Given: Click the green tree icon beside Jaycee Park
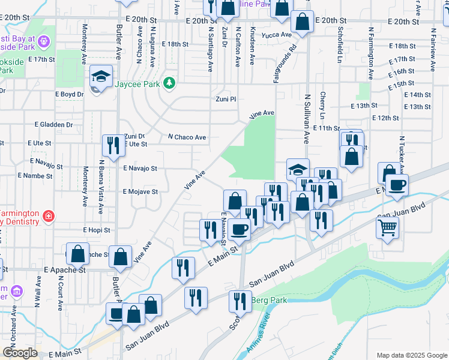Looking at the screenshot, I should (x=170, y=83).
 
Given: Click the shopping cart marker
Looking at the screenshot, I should (x=388, y=228).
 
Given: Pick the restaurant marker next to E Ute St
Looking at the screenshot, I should (x=112, y=145).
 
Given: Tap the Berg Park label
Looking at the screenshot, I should (x=269, y=300).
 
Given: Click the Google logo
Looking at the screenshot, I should (x=20, y=353).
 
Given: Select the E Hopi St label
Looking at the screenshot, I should (x=97, y=230).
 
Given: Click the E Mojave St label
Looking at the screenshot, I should (x=140, y=192).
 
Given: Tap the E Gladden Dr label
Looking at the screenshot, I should (x=53, y=125).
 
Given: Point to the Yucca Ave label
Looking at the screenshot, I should (x=277, y=35).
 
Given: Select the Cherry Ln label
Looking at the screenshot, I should (x=322, y=105).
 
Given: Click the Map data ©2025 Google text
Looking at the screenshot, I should (x=411, y=355).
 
